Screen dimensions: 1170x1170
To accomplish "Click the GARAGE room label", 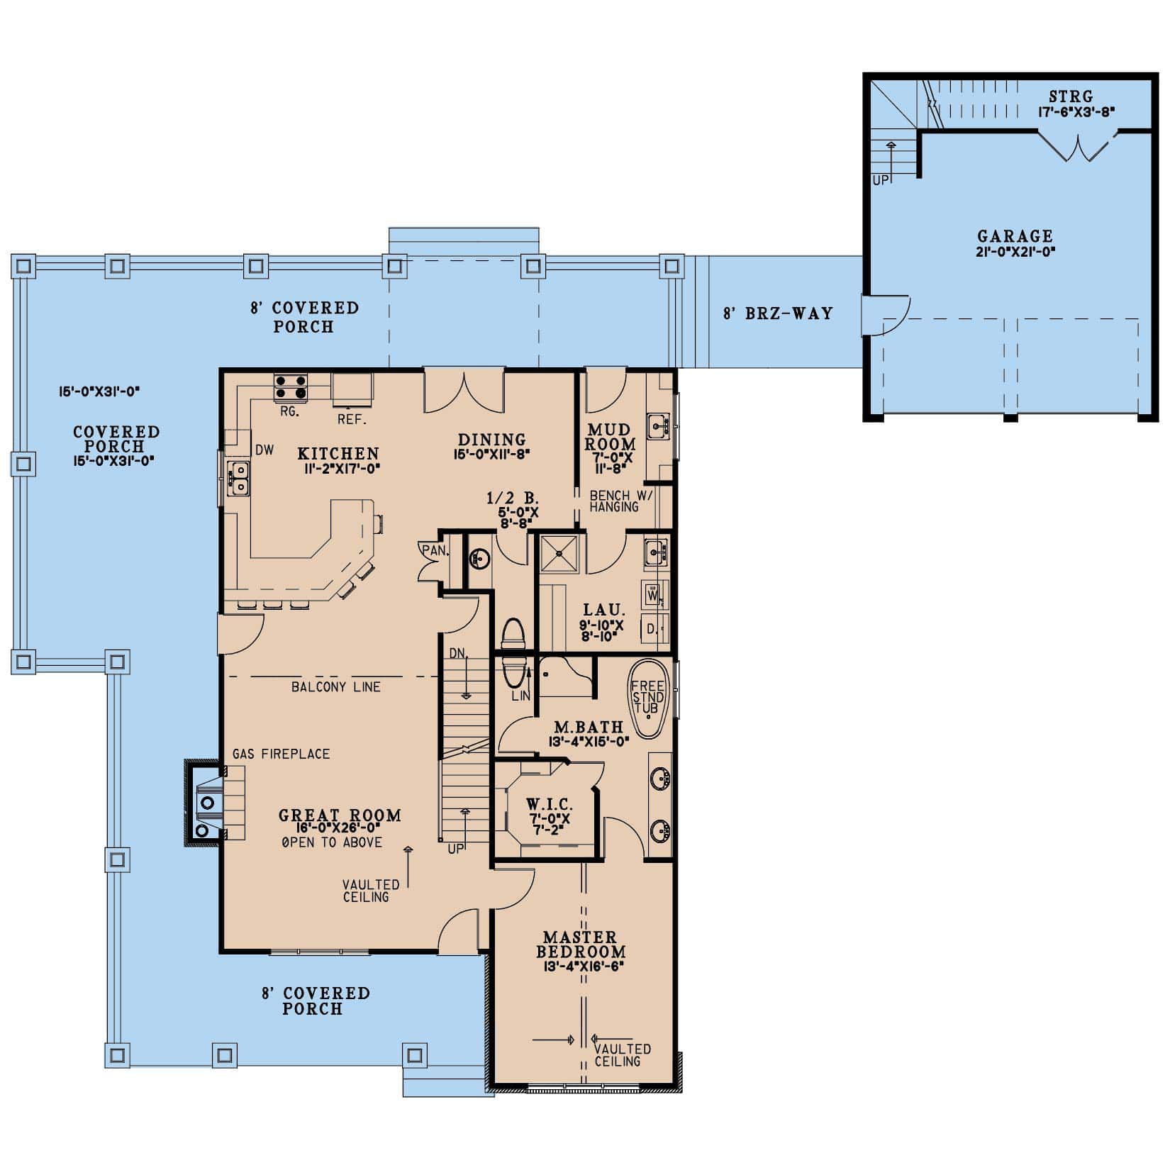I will click(x=1015, y=237).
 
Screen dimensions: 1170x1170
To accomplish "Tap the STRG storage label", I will click(x=1071, y=96).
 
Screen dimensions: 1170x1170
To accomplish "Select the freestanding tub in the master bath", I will click(x=648, y=699).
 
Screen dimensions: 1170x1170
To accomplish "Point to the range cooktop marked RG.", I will click(x=291, y=387).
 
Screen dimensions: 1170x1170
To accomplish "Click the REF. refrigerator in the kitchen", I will click(x=352, y=390).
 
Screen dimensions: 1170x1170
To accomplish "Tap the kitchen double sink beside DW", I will click(x=238, y=477).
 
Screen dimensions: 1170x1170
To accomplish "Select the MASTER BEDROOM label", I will click(x=581, y=945).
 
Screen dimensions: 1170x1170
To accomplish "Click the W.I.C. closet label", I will click(x=550, y=805).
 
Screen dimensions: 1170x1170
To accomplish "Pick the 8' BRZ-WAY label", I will click(x=778, y=313).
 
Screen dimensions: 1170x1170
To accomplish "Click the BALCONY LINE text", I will click(x=335, y=686).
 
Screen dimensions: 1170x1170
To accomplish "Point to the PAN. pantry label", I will click(x=434, y=550).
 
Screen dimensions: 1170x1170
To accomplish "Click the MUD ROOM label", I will click(x=610, y=438).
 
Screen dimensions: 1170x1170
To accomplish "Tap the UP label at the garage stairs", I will click(x=880, y=180).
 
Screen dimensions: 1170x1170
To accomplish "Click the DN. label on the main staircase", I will click(x=458, y=653).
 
